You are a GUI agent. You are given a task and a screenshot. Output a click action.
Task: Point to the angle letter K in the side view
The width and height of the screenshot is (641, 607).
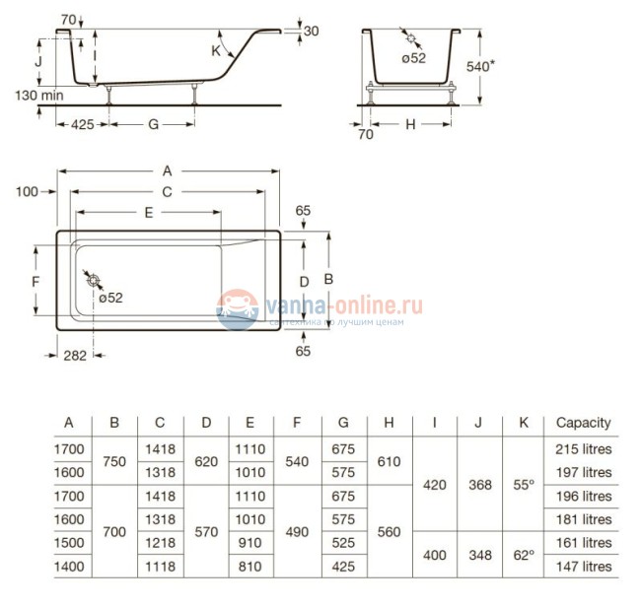coord(215,49)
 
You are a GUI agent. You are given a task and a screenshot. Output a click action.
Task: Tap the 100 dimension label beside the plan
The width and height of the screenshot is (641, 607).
coord(27,191)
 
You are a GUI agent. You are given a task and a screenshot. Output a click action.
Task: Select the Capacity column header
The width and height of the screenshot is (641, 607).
coord(583,423)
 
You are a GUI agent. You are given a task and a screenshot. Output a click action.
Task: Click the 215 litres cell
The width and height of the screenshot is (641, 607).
coord(583,448)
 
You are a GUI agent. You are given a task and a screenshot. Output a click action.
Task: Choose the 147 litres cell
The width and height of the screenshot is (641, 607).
coord(583,567)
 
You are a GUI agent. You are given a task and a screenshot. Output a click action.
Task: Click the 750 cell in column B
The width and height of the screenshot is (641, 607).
coord(114,460)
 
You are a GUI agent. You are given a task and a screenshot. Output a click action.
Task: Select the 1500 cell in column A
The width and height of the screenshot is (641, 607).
coord(69,543)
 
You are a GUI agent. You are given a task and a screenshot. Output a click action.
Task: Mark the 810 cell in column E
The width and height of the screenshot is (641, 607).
coord(249,567)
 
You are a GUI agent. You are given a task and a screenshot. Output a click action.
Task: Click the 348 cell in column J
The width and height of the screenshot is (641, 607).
coord(479,555)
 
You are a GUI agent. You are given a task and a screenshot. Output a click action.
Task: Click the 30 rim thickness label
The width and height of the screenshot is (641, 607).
coord(311,32)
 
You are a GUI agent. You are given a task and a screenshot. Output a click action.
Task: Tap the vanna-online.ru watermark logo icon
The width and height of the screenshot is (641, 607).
coord(237,308)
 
